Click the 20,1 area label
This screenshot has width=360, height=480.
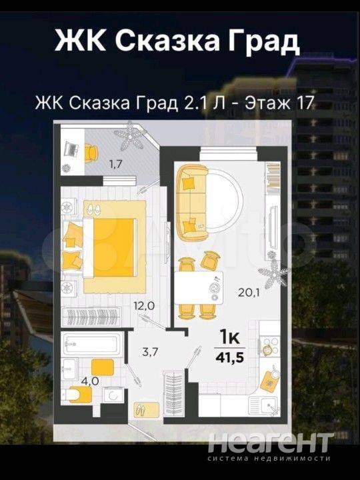249,293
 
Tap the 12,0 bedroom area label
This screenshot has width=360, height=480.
144,305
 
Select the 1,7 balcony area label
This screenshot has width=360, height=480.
116,165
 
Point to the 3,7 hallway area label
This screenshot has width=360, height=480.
150,352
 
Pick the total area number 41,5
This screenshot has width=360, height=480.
229,357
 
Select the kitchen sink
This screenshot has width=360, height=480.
264,405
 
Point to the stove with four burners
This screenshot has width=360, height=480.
269,346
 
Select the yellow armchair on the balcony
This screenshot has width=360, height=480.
91,153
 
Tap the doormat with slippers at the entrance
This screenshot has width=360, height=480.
147,410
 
